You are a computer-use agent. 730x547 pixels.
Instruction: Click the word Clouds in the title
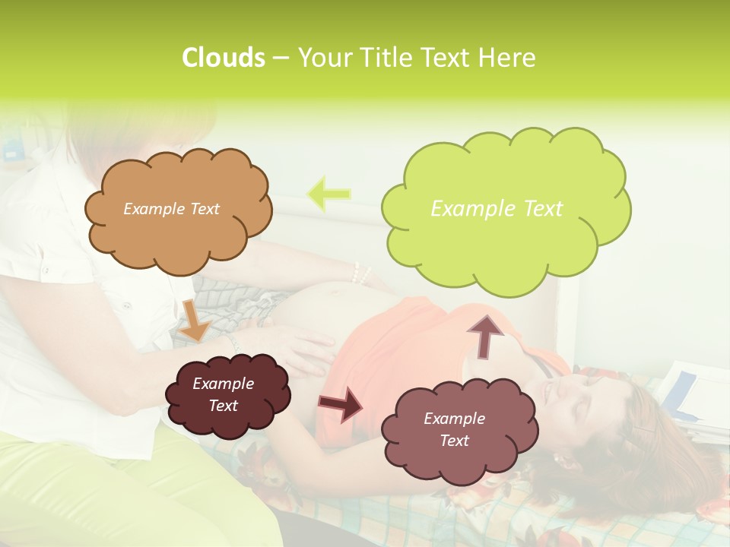tap(223, 58)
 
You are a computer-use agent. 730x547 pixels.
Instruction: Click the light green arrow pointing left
tap(328, 194)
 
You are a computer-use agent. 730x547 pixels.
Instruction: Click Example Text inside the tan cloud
tap(171, 209)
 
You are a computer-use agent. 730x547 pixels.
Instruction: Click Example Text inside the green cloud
tap(497, 209)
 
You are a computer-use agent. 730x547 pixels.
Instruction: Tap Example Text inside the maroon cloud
tap(224, 394)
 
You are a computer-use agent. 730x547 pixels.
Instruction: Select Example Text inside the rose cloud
tap(454, 429)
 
